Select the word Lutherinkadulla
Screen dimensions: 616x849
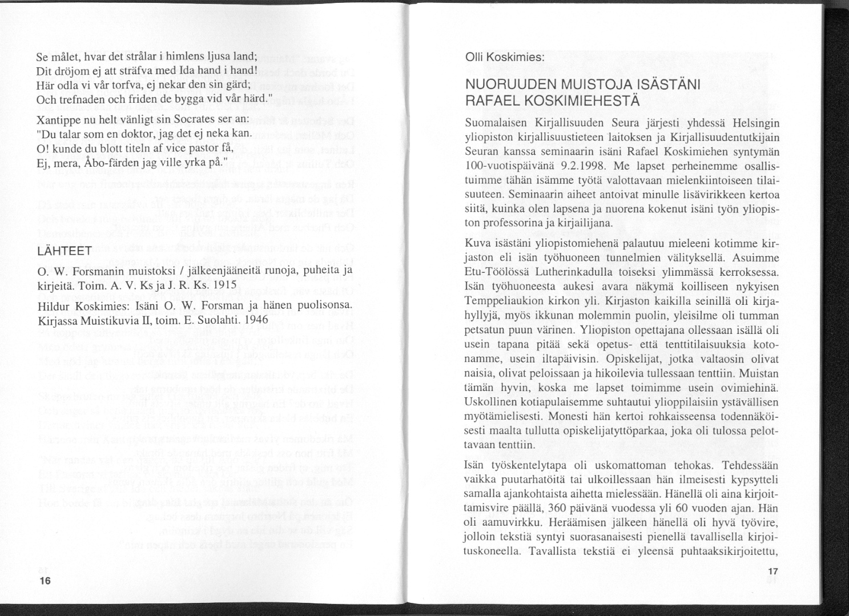click(561, 272)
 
